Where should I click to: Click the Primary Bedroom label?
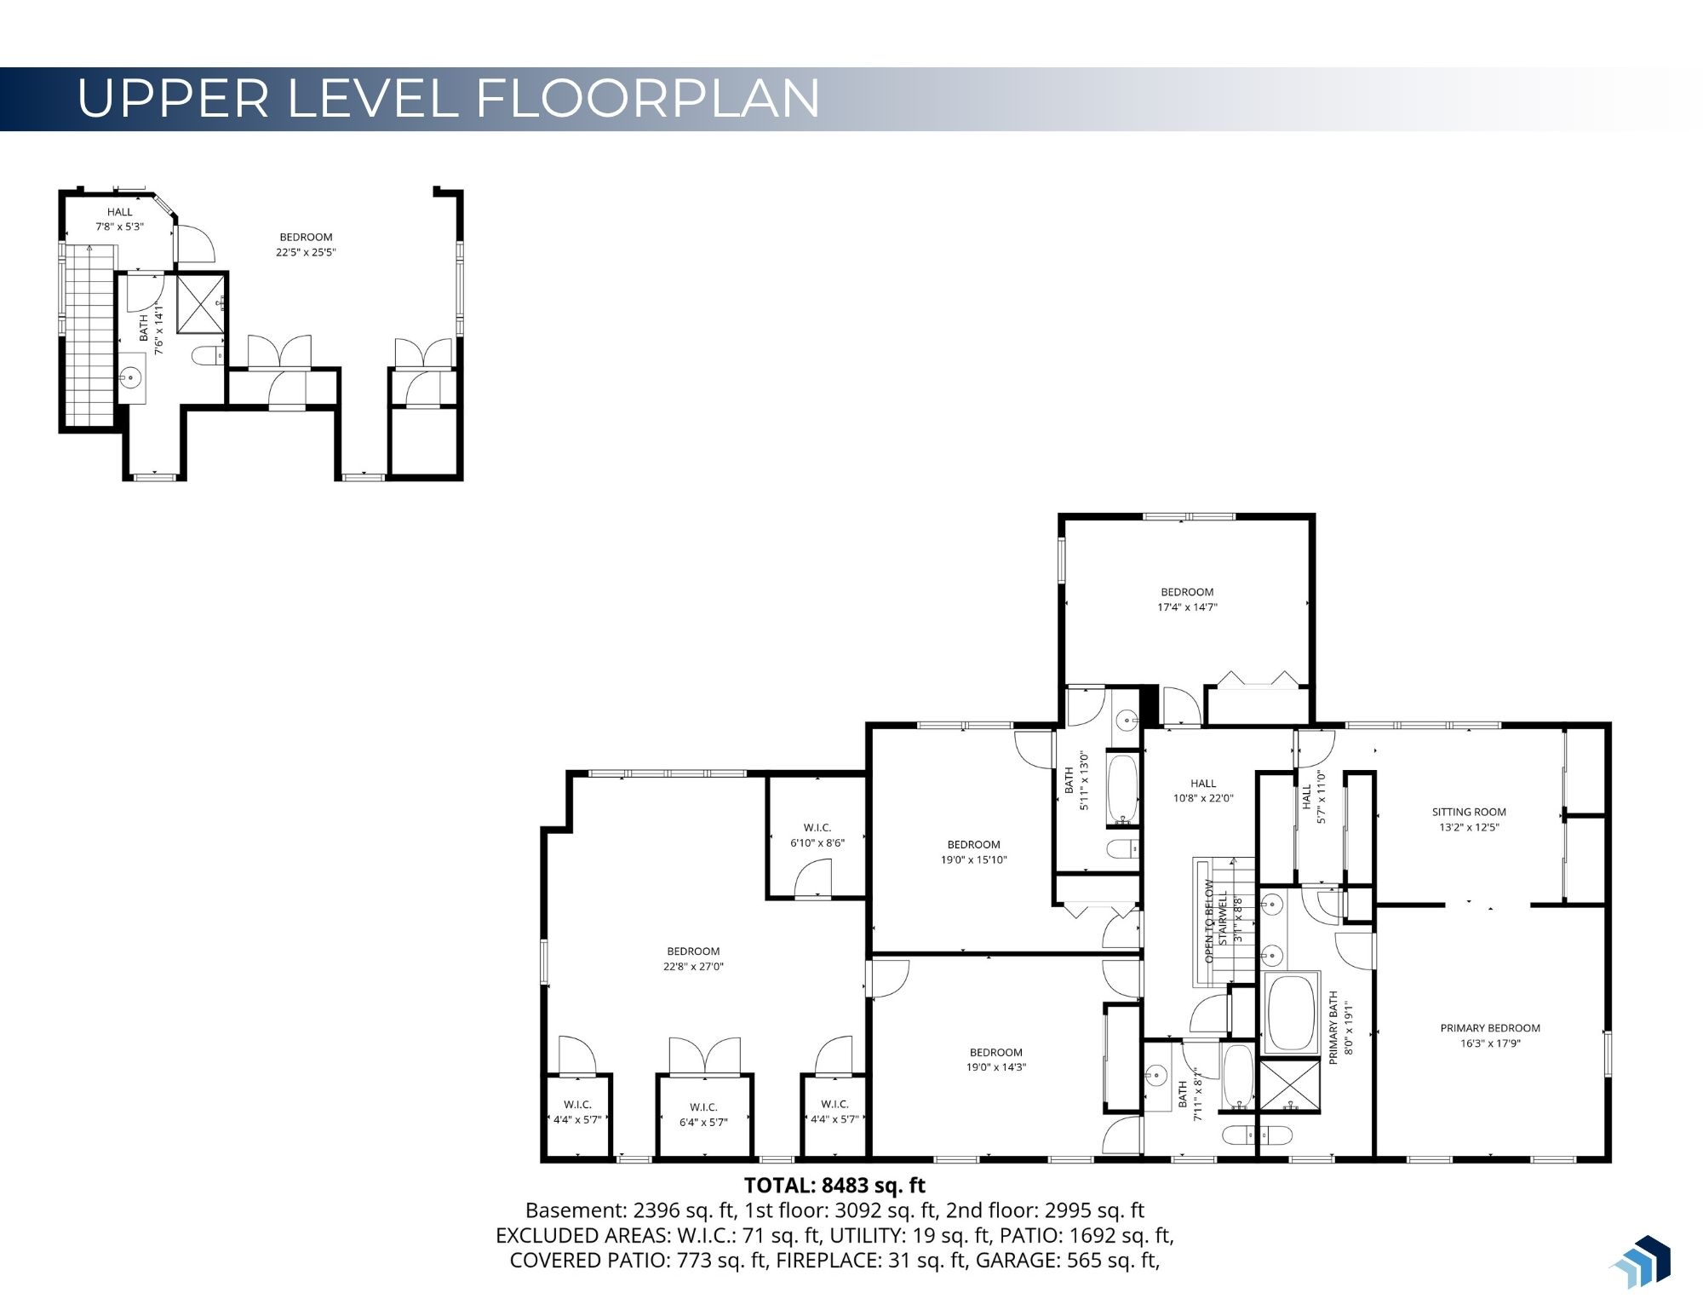tap(1490, 1028)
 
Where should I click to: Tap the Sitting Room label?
tap(1469, 812)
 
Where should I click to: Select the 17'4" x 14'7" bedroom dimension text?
tap(1187, 607)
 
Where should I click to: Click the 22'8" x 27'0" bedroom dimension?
tap(693, 967)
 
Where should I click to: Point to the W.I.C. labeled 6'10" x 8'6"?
tap(817, 835)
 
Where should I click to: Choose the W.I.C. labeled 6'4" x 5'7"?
tap(703, 1114)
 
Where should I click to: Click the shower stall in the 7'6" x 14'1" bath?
tap(202, 302)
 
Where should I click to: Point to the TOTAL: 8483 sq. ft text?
tap(834, 1185)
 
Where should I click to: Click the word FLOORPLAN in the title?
tap(647, 99)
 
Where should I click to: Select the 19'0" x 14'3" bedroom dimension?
tap(995, 1066)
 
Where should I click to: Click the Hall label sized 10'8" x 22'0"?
tap(1202, 783)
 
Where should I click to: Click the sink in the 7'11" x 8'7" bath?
tap(1155, 1075)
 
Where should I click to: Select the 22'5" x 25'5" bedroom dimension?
tap(306, 252)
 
